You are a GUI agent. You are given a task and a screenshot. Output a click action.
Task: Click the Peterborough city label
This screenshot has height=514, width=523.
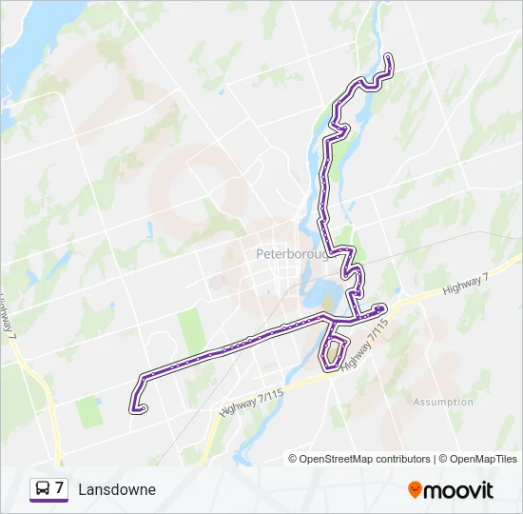pyautogui.click(x=292, y=254)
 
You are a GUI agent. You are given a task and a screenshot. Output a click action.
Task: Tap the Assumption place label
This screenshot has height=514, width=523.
pyautogui.click(x=443, y=402)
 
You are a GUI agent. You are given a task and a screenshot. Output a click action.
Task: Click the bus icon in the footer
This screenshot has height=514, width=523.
pyautogui.click(x=42, y=489)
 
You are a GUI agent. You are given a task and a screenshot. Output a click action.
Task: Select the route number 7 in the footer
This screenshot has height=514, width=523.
pyautogui.click(x=60, y=489)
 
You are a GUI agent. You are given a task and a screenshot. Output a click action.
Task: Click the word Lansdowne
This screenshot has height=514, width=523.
pyautogui.click(x=117, y=489)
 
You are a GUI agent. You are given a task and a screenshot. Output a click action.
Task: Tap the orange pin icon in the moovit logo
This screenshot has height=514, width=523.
pyautogui.click(x=415, y=490)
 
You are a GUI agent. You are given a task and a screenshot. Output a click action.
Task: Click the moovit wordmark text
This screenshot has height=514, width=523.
pyautogui.click(x=458, y=490)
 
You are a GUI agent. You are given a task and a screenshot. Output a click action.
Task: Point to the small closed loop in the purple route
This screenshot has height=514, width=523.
pyautogui.click(x=331, y=353)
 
